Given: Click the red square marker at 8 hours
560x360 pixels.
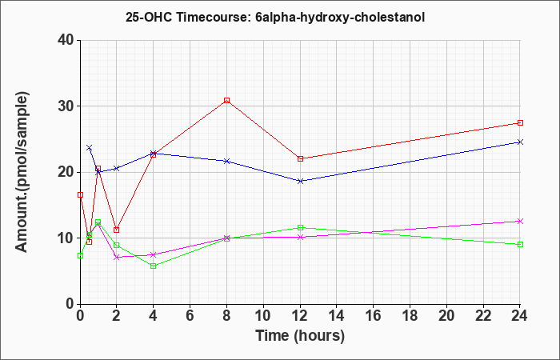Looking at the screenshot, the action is pyautogui.click(x=226, y=100).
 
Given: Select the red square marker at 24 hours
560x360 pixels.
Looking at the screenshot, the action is pyautogui.click(x=520, y=123).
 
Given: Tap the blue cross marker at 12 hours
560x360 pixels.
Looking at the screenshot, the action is pyautogui.click(x=300, y=181).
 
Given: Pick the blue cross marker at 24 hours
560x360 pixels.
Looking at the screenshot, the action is pyautogui.click(x=520, y=142).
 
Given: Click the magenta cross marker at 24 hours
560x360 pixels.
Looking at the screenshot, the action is pyautogui.click(x=520, y=222).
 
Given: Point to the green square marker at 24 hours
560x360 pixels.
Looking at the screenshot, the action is pyautogui.click(x=520, y=244).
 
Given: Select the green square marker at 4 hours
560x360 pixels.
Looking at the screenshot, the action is pyautogui.click(x=154, y=266).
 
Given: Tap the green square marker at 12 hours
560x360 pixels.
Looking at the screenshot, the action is pyautogui.click(x=300, y=227).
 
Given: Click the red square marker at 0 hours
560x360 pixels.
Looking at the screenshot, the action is pyautogui.click(x=80, y=194).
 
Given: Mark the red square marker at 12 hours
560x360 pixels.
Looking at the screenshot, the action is pyautogui.click(x=300, y=158).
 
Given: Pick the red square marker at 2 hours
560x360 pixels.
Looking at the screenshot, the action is pyautogui.click(x=117, y=230).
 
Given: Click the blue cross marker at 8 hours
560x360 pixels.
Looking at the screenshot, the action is pyautogui.click(x=226, y=161).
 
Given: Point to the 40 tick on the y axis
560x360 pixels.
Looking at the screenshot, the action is pyautogui.click(x=78, y=40).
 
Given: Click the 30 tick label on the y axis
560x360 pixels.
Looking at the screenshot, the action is pyautogui.click(x=65, y=106).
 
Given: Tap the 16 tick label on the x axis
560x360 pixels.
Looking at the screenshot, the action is pyautogui.click(x=374, y=316).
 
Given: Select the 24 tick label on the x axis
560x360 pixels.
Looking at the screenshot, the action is pyautogui.click(x=519, y=316).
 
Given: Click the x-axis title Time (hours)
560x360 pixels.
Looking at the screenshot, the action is pyautogui.click(x=300, y=336).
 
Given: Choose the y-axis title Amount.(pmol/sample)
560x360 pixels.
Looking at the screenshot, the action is pyautogui.click(x=22, y=172).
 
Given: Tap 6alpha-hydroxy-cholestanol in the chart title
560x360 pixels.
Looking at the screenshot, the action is pyautogui.click(x=340, y=18).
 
